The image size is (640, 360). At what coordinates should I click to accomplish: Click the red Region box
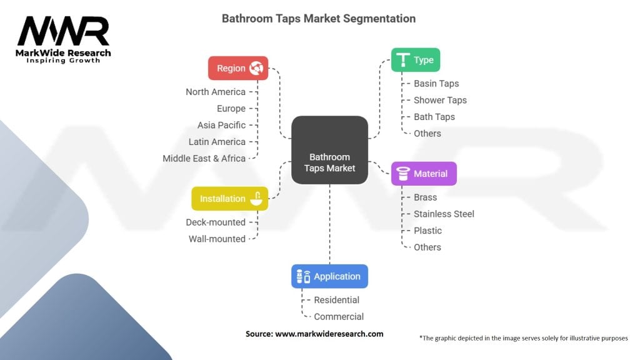(x=238, y=68)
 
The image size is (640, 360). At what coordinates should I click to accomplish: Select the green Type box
(x=416, y=60)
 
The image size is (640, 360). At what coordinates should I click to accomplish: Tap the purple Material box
(x=424, y=174)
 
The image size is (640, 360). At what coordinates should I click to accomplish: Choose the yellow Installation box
(x=230, y=199)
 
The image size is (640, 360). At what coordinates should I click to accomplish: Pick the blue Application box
(x=329, y=276)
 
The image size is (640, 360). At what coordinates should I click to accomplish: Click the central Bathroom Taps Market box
(x=329, y=150)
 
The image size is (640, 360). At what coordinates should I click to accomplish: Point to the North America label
(x=216, y=92)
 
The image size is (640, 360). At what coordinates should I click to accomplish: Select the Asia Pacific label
(x=222, y=125)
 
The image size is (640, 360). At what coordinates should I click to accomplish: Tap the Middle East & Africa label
(x=204, y=158)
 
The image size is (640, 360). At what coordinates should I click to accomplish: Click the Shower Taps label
(x=440, y=100)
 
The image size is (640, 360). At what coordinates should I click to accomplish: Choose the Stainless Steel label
(x=444, y=214)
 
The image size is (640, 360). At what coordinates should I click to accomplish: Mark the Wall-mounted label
(x=217, y=239)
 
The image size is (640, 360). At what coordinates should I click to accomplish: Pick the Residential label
(x=336, y=300)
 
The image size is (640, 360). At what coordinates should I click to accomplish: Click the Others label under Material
(x=427, y=247)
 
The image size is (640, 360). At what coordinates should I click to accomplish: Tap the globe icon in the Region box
(x=256, y=68)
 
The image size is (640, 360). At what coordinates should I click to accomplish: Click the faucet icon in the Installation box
(x=256, y=198)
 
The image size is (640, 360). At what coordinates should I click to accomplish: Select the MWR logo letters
(x=63, y=31)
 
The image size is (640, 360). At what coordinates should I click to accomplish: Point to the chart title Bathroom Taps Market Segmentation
(x=319, y=18)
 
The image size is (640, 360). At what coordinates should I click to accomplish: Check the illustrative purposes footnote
(x=524, y=338)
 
